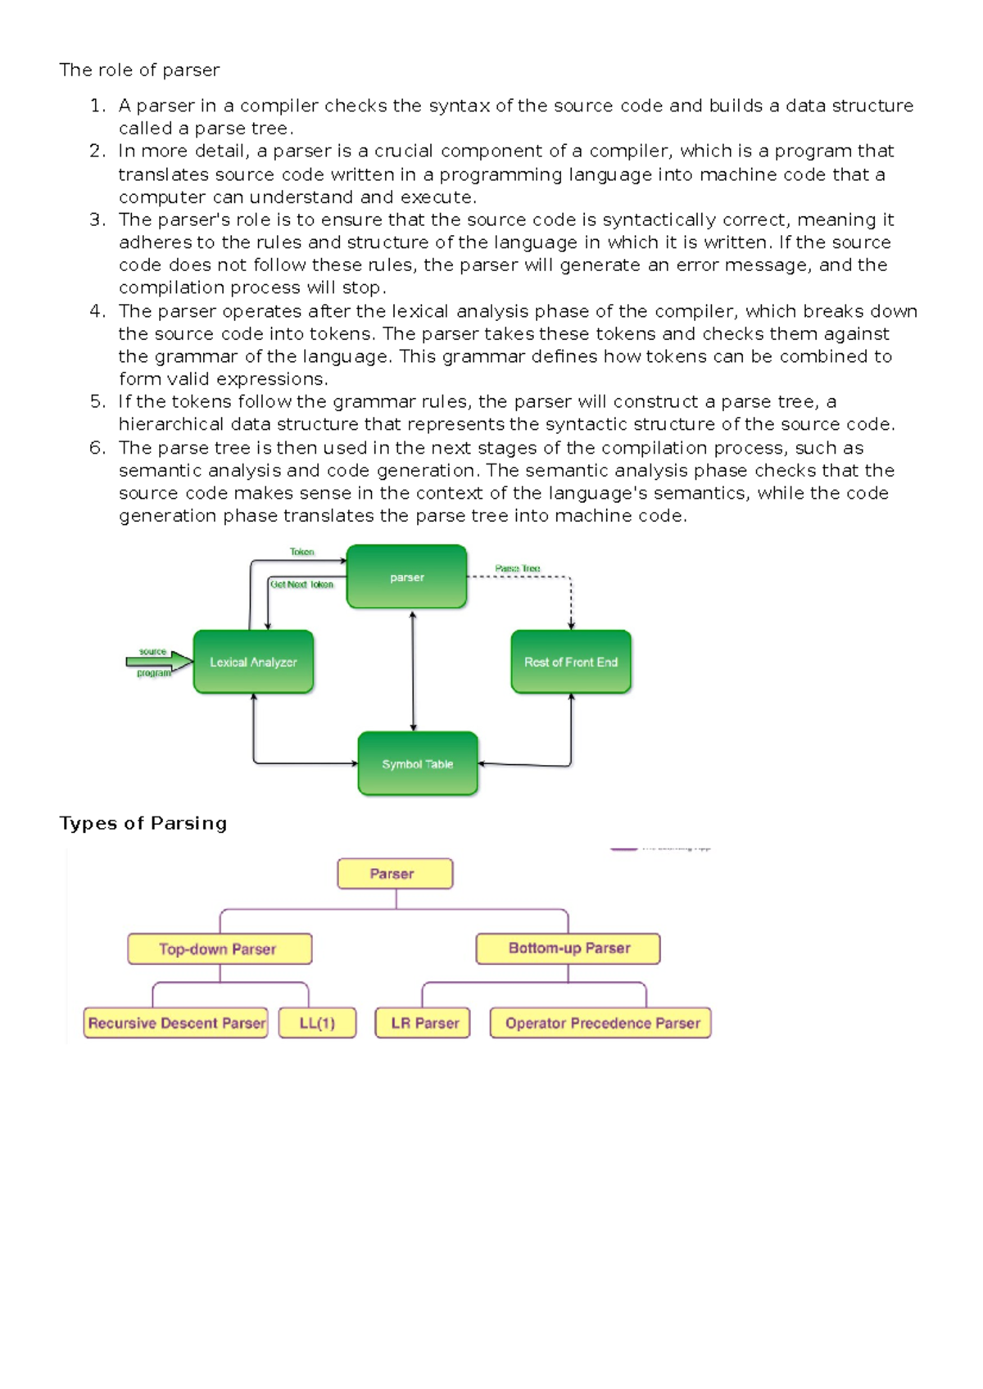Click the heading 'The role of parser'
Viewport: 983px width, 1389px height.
click(x=139, y=70)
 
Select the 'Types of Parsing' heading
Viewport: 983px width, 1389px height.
click(x=143, y=823)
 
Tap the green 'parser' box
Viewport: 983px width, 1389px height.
click(x=406, y=577)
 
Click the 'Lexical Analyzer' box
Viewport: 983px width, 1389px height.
click(x=253, y=662)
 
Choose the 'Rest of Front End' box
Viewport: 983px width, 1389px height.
click(x=571, y=662)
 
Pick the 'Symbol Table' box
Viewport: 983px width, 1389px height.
click(x=418, y=763)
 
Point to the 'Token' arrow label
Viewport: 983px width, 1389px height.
click(x=301, y=552)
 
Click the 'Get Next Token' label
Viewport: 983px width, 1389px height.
click(x=301, y=585)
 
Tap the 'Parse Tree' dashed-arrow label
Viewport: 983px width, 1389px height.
click(x=517, y=568)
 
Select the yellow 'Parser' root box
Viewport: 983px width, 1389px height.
click(x=394, y=874)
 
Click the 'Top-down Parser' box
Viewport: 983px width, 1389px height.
click(x=219, y=949)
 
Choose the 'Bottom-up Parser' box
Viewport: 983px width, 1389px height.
click(x=569, y=948)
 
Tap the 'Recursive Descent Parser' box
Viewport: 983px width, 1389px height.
click(x=176, y=1023)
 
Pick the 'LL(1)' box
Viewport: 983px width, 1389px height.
click(x=317, y=1023)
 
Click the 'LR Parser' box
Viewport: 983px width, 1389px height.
click(x=424, y=1023)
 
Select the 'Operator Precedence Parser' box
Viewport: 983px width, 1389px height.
click(x=601, y=1023)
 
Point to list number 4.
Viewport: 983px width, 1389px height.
click(x=97, y=311)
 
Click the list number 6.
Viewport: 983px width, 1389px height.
click(x=97, y=448)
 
